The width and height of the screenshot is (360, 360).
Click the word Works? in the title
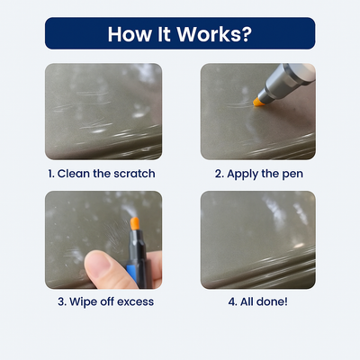[x=214, y=34]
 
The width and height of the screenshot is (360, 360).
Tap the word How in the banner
[x=130, y=34]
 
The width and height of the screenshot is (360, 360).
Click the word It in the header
[x=164, y=34]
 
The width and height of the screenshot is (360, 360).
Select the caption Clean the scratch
[x=106, y=174]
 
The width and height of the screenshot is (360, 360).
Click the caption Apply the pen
[x=265, y=174]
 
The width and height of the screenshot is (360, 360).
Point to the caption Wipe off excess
[x=112, y=301]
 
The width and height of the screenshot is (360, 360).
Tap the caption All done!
[x=264, y=301]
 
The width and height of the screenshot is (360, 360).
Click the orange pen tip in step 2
[x=257, y=102]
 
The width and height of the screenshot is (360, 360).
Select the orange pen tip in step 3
[x=135, y=223]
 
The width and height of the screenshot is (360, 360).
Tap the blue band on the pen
[x=131, y=273]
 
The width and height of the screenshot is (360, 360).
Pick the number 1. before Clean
[x=51, y=174]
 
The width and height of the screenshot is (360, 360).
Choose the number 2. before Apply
[x=220, y=174]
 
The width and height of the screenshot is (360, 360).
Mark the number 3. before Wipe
[x=62, y=301]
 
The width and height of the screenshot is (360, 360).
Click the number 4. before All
[x=232, y=301]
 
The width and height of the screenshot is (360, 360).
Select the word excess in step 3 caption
[x=135, y=302]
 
